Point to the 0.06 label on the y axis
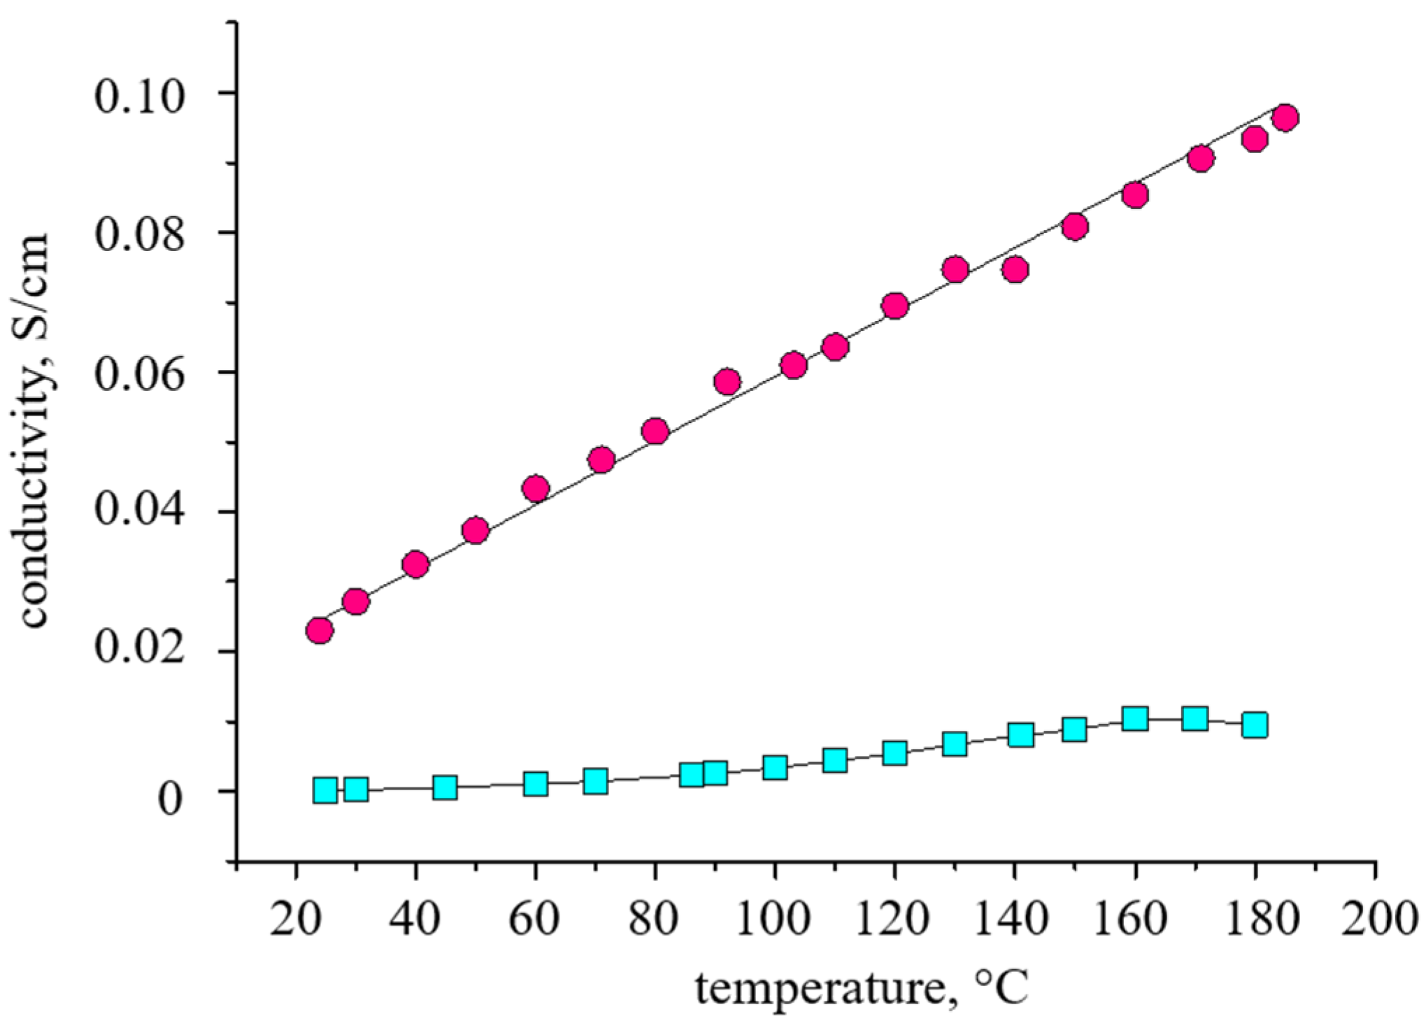click(140, 374)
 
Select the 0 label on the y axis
click(170, 797)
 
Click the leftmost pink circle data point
click(319, 631)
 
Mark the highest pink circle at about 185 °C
click(1285, 117)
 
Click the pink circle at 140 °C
click(1015, 269)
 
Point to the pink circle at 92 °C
click(727, 382)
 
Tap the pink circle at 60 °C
click(536, 488)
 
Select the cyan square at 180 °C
click(1255, 725)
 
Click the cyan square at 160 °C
click(1135, 718)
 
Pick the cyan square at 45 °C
click(445, 787)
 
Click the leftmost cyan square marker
click(325, 790)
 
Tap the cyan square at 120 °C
click(894, 753)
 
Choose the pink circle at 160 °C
click(1135, 194)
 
